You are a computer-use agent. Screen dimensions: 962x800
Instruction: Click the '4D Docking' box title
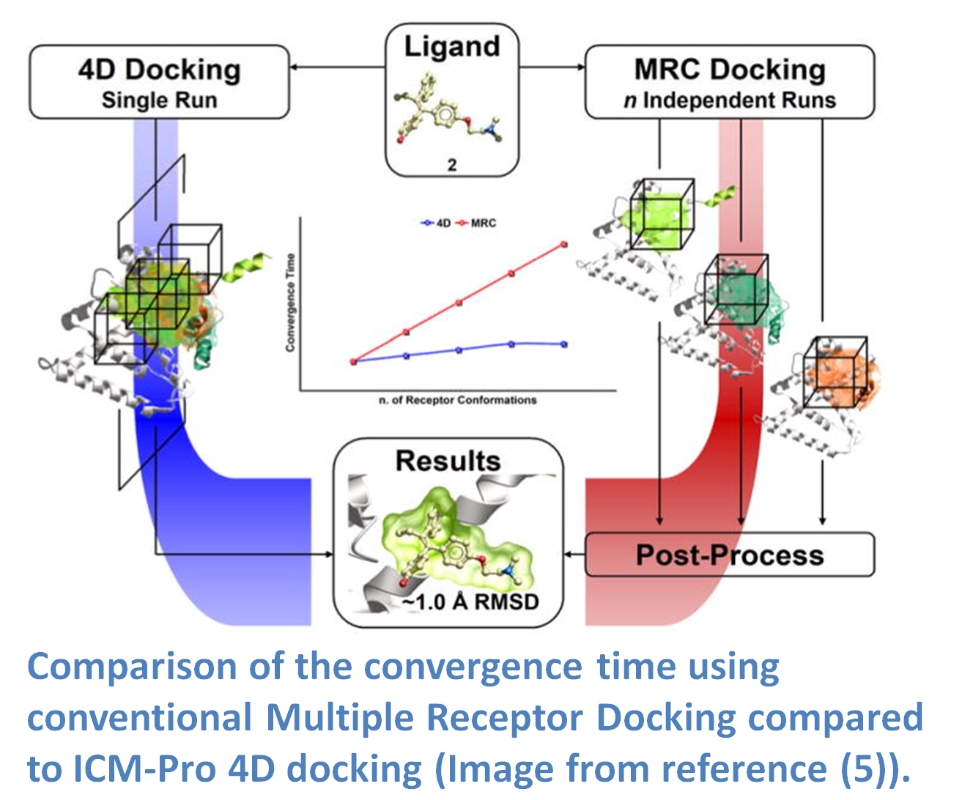(160, 70)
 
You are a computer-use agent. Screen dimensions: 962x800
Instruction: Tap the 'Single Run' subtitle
(160, 100)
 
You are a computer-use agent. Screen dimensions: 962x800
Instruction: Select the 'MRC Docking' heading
(730, 70)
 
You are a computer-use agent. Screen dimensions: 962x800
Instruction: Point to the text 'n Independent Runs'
(730, 100)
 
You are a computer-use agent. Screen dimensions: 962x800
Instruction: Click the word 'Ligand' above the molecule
(452, 47)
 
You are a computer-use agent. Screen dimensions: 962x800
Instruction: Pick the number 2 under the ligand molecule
(452, 165)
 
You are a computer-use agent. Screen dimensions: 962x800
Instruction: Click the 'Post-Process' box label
(730, 555)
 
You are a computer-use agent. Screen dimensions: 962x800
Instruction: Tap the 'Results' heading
(448, 461)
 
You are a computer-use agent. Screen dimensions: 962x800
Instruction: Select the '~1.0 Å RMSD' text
(470, 602)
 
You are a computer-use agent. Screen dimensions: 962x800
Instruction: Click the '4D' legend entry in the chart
(435, 223)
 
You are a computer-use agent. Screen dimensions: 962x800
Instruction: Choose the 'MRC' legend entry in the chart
(476, 223)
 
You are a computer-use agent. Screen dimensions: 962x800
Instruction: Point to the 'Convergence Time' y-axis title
(290, 303)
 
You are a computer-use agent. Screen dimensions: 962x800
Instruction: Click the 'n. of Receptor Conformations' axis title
(457, 400)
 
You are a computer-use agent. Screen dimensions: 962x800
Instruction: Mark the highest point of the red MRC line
(564, 245)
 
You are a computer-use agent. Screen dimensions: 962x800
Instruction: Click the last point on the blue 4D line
(564, 344)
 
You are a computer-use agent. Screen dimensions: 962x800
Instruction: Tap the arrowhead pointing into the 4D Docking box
(293, 67)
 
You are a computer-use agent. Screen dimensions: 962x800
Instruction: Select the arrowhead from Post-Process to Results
(568, 555)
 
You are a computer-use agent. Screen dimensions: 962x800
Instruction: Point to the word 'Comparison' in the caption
(132, 667)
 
